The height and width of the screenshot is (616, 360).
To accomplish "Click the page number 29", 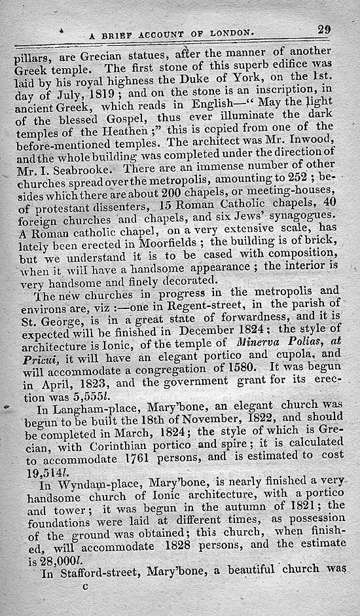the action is click(x=325, y=29).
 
